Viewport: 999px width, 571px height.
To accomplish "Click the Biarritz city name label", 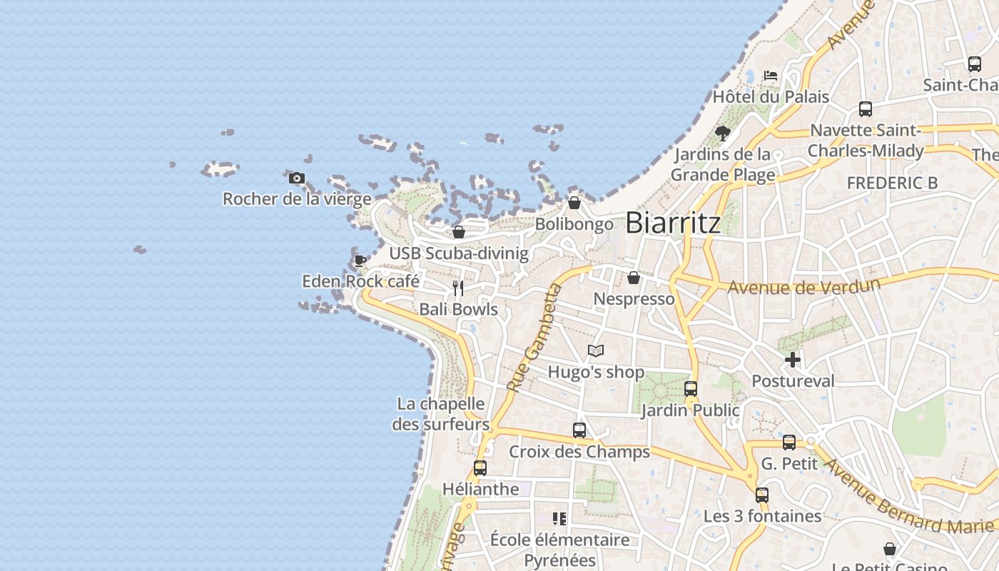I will coord(673,223).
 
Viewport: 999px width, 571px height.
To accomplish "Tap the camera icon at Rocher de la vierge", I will coord(297,178).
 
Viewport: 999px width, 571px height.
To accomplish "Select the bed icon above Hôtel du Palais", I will coord(770,75).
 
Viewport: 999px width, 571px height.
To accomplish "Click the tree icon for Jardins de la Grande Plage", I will coord(722,133).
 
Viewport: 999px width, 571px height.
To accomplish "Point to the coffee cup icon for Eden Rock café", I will coord(360,261).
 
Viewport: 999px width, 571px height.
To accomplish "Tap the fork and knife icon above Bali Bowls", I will coord(458,288).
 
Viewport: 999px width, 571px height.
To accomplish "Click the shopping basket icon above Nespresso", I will coord(634,278).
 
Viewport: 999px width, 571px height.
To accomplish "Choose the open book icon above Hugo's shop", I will coord(596,350).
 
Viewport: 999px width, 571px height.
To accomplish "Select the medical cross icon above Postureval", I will coord(793,360).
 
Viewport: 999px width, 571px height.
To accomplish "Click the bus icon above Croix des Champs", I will coord(579,430).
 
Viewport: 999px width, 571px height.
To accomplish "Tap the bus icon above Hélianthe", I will coord(480,468).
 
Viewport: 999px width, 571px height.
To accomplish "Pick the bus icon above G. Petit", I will coord(789,443).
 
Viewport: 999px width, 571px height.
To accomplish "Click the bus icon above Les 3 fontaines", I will coord(762,495).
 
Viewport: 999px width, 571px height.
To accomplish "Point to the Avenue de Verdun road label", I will coord(803,286).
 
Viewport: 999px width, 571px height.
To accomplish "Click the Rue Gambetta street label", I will coord(534,338).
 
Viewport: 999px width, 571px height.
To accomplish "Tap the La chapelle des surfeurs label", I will coord(441,414).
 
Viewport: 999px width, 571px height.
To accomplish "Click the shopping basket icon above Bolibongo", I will coord(574,203).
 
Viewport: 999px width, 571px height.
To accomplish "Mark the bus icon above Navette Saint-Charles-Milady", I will coord(866,109).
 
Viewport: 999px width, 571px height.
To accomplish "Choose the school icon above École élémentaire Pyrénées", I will coord(559,518).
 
